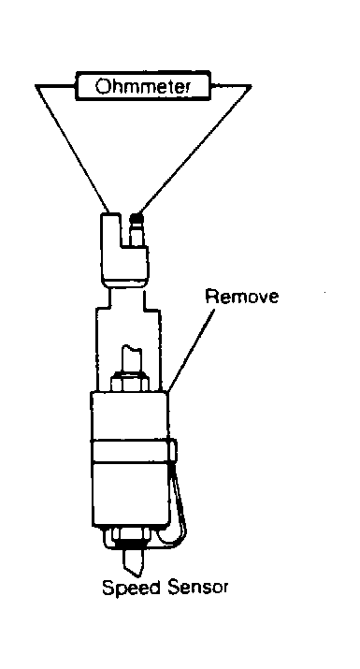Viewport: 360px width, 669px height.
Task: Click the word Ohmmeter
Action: tap(142, 87)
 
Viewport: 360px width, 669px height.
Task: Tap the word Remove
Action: tap(241, 296)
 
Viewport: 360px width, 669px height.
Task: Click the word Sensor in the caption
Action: tap(197, 587)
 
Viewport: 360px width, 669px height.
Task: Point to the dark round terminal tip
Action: tap(137, 219)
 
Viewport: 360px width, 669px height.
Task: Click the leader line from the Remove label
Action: tap(193, 348)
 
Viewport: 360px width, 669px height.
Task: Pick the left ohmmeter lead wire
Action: tap(73, 149)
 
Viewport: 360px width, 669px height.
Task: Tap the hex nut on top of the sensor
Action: tap(130, 381)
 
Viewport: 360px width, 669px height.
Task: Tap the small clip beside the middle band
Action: tap(173, 451)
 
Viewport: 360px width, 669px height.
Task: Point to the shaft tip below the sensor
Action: tap(132, 563)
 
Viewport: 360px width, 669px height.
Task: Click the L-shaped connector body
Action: tap(123, 250)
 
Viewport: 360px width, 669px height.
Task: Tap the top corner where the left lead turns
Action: tap(36, 86)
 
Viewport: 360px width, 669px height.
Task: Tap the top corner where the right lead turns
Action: tap(251, 86)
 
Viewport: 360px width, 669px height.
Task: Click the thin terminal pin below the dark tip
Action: tap(137, 236)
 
